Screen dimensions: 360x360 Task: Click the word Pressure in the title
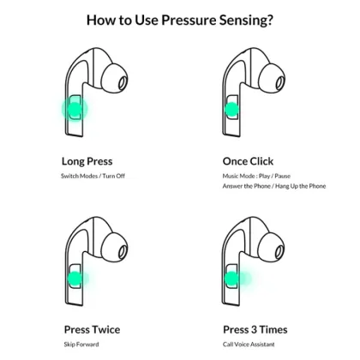(x=189, y=21)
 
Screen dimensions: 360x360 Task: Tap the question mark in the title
(x=269, y=20)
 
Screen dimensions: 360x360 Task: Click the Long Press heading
(x=87, y=161)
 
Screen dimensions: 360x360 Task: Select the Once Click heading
(x=248, y=161)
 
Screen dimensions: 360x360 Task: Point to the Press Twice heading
(x=92, y=330)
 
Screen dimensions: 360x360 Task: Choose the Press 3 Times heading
(x=255, y=330)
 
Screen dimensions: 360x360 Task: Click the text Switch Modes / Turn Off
(x=93, y=176)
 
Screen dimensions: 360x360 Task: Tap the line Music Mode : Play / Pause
(x=256, y=176)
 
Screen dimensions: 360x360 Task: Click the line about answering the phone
(x=274, y=186)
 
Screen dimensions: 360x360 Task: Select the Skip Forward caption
(x=81, y=345)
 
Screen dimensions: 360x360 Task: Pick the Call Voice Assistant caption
(x=249, y=345)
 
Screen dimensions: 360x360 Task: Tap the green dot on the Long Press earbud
(x=75, y=109)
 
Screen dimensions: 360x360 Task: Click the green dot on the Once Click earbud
(x=231, y=109)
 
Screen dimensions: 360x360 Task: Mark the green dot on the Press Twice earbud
(x=75, y=279)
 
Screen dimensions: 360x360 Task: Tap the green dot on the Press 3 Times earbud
(x=231, y=279)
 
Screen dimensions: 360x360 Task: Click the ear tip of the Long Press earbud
(x=115, y=78)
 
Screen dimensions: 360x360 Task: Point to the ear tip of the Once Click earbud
(x=272, y=78)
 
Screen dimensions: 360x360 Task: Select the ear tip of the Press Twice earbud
(x=115, y=247)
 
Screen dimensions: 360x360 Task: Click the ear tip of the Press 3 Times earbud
(x=272, y=247)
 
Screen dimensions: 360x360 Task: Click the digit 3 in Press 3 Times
(x=254, y=330)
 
